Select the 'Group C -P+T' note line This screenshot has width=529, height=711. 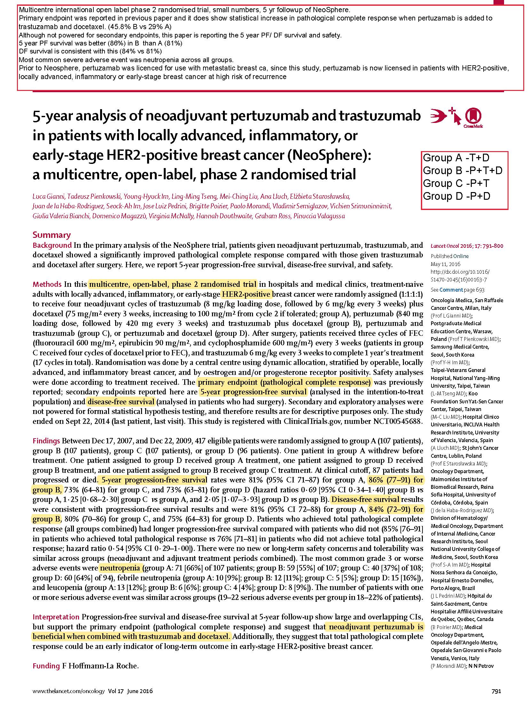coord(456,183)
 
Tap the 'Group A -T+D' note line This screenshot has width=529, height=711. coord(456,158)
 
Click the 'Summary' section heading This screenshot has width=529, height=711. coord(51,235)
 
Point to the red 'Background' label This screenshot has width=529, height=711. coord(52,245)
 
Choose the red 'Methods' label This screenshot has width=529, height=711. coord(47,284)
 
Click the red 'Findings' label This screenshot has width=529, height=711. coord(46,441)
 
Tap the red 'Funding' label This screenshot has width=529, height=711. coord(46,666)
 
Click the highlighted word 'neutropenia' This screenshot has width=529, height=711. coord(120,568)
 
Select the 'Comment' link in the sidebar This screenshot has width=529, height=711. coord(451,290)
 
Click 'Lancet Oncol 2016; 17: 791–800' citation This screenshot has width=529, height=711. coord(467,246)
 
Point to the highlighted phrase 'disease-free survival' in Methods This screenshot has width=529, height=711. coord(121,402)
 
